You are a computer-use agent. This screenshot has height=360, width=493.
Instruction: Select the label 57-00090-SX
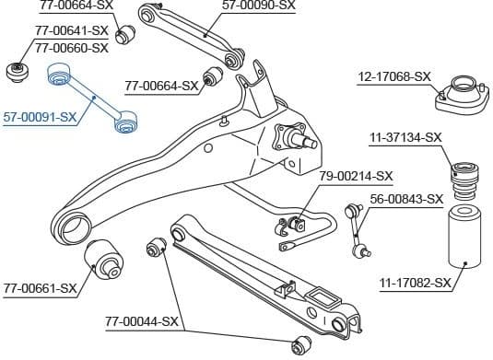[259, 6]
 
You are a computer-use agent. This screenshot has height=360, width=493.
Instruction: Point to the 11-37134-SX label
[405, 138]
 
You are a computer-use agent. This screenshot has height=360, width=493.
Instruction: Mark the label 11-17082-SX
[415, 282]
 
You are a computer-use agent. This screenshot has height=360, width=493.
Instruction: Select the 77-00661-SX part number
[40, 288]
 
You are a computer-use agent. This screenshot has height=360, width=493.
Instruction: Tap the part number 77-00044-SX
[142, 322]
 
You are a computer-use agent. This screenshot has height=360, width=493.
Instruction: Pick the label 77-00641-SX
[72, 30]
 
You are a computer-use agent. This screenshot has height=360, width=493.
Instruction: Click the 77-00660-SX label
[72, 47]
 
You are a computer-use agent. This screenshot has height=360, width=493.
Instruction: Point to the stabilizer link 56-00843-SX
[357, 230]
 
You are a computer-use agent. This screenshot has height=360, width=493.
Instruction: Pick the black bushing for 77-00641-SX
[16, 71]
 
